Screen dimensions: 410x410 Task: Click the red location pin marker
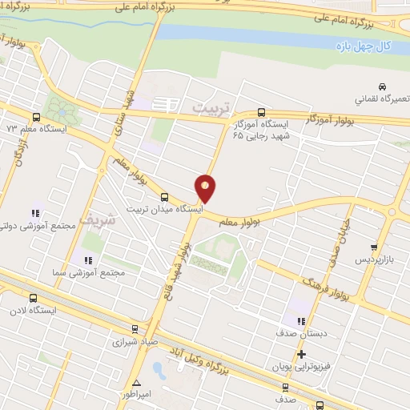click(206, 187)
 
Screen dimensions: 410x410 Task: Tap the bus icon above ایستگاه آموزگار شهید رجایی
click(262, 113)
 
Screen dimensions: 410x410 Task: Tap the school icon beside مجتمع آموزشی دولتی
click(36, 213)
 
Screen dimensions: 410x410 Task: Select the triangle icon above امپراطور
click(137, 383)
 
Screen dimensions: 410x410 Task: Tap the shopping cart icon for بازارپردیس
click(374, 247)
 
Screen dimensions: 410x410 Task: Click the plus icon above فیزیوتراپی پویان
click(301, 354)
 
